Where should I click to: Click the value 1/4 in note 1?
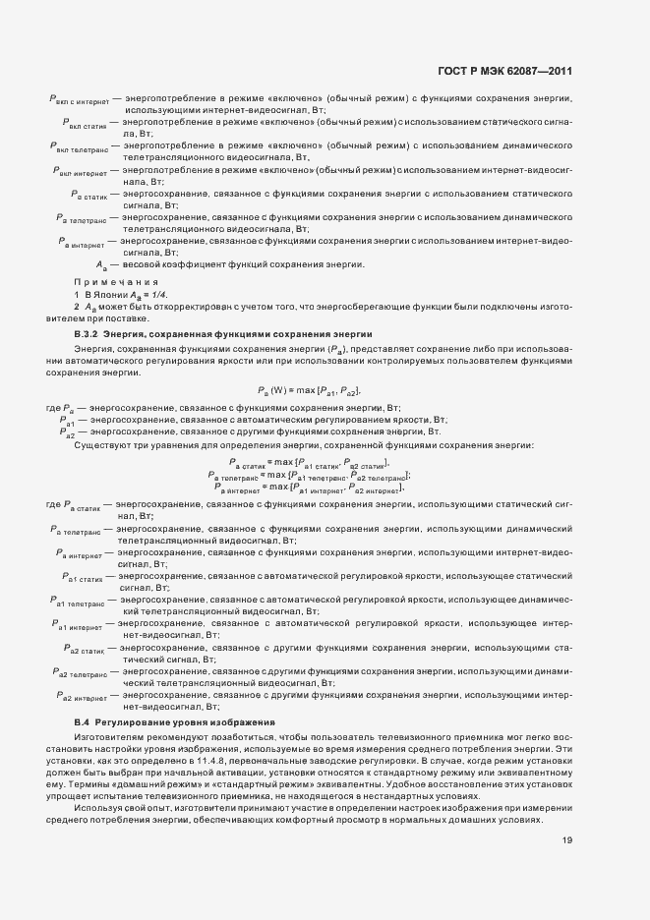click(x=157, y=295)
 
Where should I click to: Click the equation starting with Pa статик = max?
click(x=309, y=463)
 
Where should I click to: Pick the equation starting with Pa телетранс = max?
click(x=309, y=475)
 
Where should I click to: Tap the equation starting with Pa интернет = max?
click(x=309, y=487)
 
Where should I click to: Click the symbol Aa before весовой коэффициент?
click(x=100, y=265)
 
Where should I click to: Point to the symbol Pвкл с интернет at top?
click(x=78, y=100)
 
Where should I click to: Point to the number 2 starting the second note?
click(x=77, y=309)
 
